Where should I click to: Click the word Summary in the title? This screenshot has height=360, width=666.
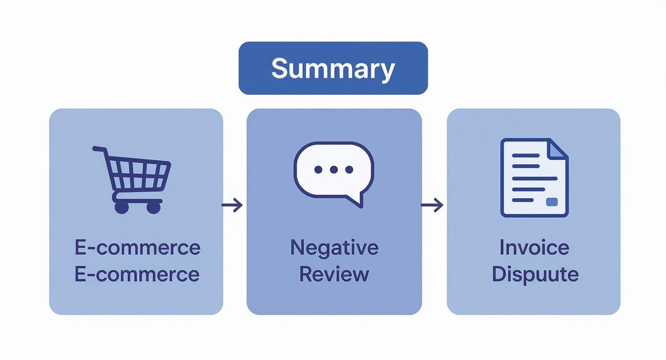pyautogui.click(x=333, y=68)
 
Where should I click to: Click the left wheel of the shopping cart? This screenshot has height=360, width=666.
pyautogui.click(x=122, y=207)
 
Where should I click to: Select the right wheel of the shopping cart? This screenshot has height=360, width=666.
pyautogui.click(x=154, y=207)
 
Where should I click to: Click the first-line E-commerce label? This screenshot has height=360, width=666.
pyautogui.click(x=137, y=247)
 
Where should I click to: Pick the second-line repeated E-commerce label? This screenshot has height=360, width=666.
pyautogui.click(x=137, y=274)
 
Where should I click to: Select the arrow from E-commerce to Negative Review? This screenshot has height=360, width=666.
pyautogui.click(x=232, y=205)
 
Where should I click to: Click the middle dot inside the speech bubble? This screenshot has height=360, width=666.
pyautogui.click(x=333, y=169)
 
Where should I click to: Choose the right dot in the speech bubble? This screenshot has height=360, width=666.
pyautogui.click(x=349, y=169)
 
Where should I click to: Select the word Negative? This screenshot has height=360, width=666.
pyautogui.click(x=334, y=247)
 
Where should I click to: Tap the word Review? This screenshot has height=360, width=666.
pyautogui.click(x=334, y=274)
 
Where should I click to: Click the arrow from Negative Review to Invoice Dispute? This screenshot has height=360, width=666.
pyautogui.click(x=432, y=205)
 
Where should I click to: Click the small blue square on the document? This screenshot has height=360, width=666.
pyautogui.click(x=552, y=202)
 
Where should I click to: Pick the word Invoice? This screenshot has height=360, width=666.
pyautogui.click(x=534, y=247)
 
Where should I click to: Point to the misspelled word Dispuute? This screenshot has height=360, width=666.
pyautogui.click(x=535, y=274)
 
